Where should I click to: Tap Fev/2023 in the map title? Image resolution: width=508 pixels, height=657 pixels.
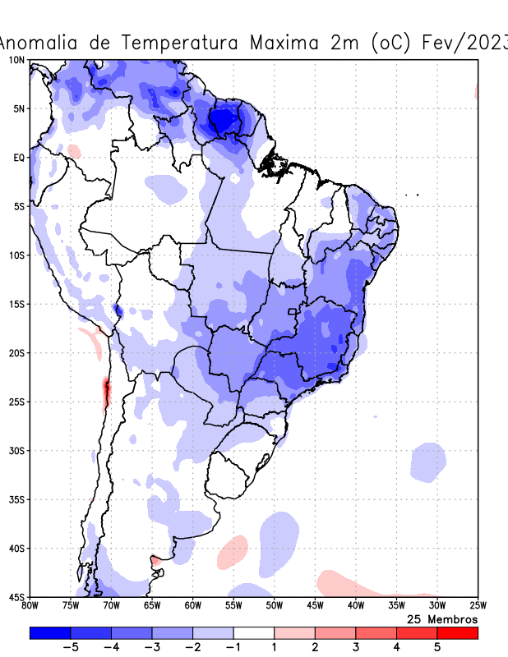pos(464,43)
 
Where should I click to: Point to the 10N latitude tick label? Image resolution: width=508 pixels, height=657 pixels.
pos(16,60)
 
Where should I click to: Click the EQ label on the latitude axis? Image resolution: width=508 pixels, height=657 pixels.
pos(18,157)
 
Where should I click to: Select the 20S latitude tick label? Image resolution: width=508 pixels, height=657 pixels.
pos(16,353)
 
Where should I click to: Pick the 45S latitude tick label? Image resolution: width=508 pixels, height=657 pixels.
pos(16,597)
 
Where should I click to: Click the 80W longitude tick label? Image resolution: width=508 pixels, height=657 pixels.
pos(30,606)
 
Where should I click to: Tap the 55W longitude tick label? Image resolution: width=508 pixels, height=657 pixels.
pos(233,606)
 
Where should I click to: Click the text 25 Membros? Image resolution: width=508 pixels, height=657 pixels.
pos(442,618)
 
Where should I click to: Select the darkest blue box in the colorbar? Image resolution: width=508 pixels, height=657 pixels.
pos(49,633)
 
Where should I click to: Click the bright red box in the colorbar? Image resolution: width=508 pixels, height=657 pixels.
pos(457,633)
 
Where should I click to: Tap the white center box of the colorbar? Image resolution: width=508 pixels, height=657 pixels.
pos(253,633)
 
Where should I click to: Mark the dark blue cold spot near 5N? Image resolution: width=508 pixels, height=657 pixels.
pos(220,122)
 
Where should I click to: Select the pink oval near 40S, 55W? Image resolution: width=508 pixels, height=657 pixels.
pos(233,552)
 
